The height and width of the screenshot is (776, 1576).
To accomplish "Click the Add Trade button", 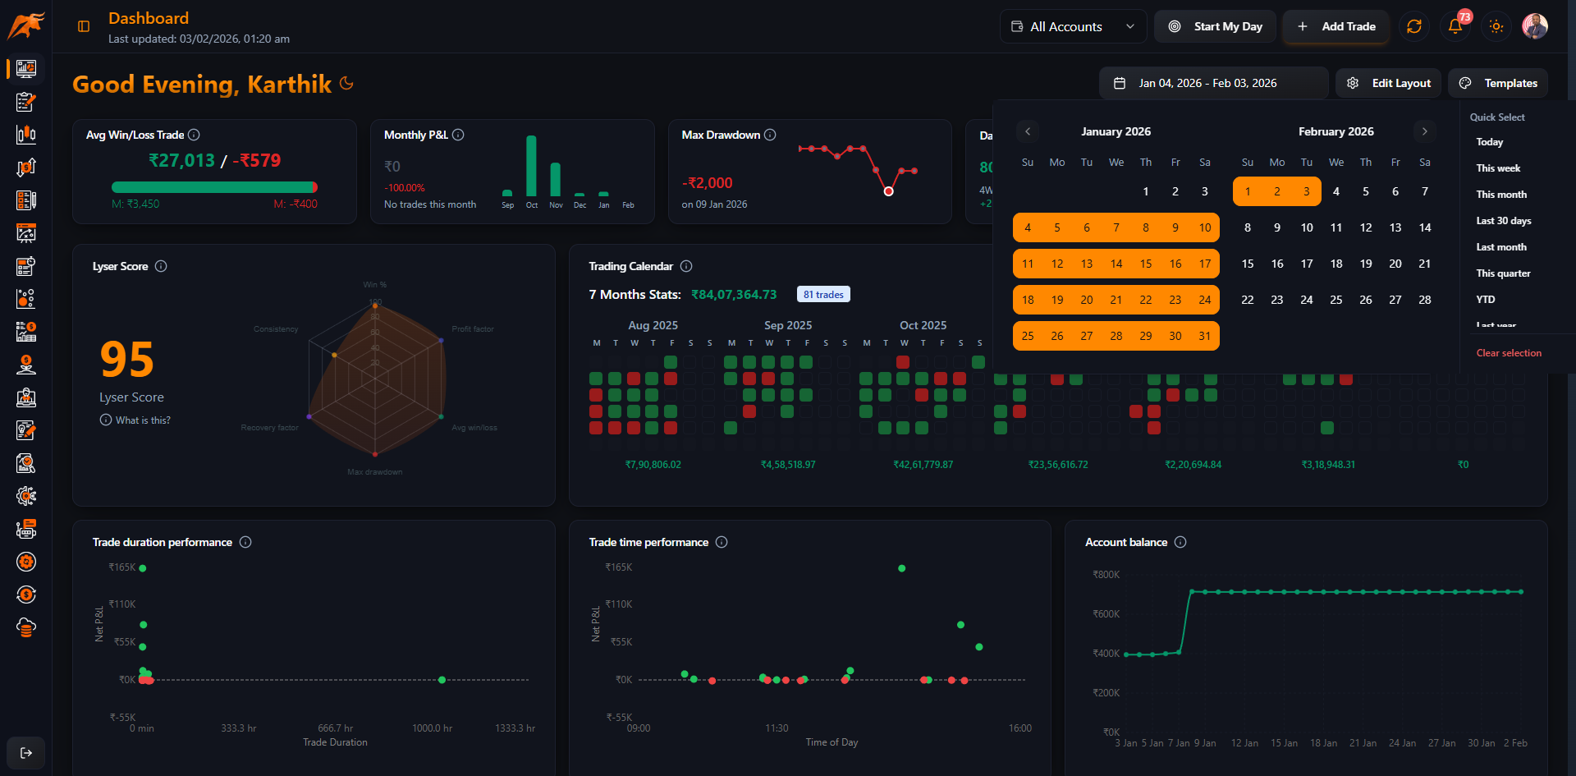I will pos(1336,26).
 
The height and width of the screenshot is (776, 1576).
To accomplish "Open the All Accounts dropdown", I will pos(1073,26).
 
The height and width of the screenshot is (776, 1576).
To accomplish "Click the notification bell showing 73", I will pos(1455,26).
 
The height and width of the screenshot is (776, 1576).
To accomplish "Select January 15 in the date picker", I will pos(1146,264).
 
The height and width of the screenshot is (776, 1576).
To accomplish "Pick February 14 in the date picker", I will pos(1425,227).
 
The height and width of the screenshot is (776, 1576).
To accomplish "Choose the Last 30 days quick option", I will pos(1503,221).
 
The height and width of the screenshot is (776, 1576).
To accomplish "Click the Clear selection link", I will pos(1509,353).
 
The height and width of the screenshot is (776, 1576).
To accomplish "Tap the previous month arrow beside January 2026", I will pos(1028,131).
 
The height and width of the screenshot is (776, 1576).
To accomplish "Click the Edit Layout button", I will pos(1389,83).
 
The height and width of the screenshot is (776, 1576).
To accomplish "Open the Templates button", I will pos(1499,83).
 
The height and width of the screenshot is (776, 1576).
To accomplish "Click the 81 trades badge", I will pos(823,295).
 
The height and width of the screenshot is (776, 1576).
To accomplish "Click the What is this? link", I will pos(143,420).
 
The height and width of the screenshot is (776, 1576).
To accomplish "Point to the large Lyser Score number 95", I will pos(127,360).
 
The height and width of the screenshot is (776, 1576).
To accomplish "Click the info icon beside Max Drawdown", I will pos(770,135).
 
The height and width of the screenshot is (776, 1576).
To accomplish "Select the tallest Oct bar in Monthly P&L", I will pos(531,166).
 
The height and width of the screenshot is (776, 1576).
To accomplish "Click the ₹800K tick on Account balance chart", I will pos(1106,575).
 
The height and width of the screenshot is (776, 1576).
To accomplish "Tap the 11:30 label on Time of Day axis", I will pos(777,728).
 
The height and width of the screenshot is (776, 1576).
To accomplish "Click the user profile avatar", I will pos(1534,26).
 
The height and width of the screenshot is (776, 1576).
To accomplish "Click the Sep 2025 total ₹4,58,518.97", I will pos(788,465).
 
